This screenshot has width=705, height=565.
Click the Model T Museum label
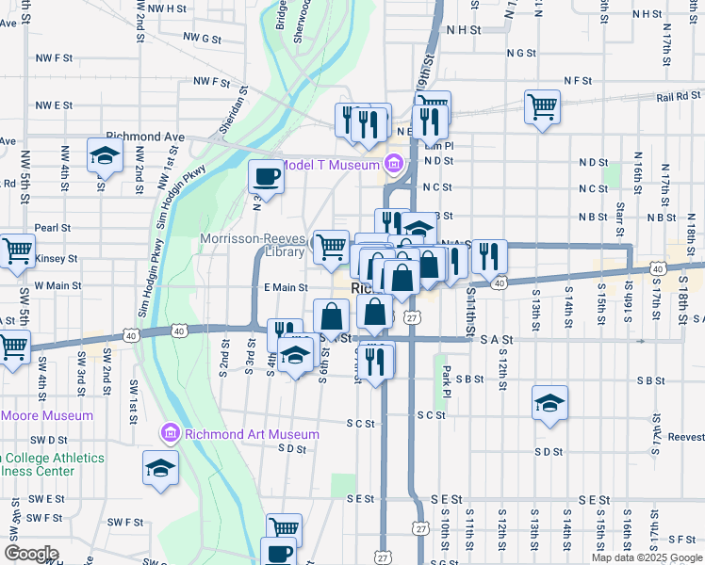coord(330,165)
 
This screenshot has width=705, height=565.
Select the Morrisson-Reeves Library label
coord(253,246)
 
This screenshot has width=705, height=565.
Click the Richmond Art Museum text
coord(252,434)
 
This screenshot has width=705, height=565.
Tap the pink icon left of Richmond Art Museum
coord(171,434)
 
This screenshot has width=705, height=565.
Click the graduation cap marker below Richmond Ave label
coord(105,156)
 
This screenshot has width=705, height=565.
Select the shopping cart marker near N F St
coord(543,106)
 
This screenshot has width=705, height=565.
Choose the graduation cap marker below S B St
coord(550,404)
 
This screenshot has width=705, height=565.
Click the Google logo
coord(30,553)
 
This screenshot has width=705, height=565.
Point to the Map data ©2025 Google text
coord(646,557)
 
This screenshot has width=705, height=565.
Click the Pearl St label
coord(53,228)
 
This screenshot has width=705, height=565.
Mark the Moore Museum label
coord(47,415)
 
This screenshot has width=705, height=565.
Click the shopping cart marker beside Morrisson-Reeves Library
coord(331,247)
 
